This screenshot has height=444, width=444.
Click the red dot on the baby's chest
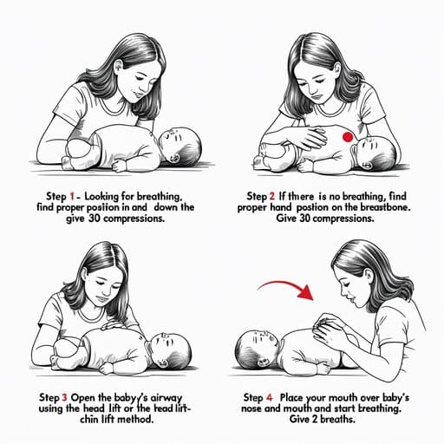tap(348, 137)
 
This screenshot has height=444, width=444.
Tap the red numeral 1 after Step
tap(72, 197)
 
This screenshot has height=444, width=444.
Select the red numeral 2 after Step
tap(272, 197)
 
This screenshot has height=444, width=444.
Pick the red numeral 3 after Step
tap(64, 397)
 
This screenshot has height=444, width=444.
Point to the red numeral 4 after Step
tap(269, 398)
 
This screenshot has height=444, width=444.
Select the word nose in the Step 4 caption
tap(251, 408)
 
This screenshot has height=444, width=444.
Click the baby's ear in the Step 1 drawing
tap(174, 158)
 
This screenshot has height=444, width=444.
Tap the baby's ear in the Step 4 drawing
tap(263, 362)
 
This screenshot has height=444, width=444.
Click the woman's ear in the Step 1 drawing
tap(118, 68)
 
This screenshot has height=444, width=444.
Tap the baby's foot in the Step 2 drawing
tap(259, 162)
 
